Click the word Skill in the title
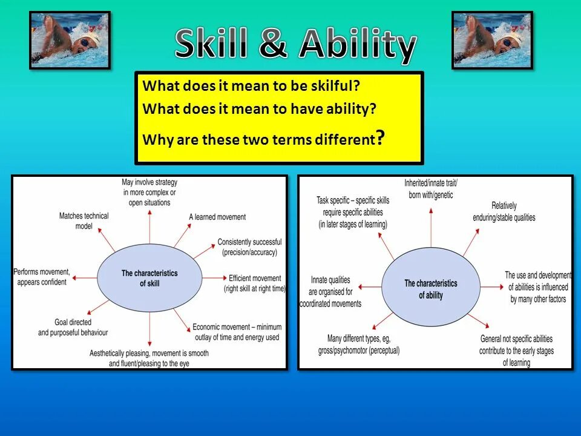pos(211,44)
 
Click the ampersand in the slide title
pos(273,44)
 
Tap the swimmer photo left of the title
pos(70,40)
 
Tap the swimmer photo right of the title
pos(493,40)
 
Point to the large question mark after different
pos(380,137)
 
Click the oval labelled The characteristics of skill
pos(149,278)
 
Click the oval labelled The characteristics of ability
pos(431,287)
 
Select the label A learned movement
pos(217,217)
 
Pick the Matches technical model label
pos(84,220)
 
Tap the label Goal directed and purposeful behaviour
pos(73,328)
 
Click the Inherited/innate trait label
pos(431,188)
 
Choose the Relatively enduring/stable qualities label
pos(504,212)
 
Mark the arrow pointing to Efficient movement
pos(214,278)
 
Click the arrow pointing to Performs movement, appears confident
pos(85,278)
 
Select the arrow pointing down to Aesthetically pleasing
pos(149,329)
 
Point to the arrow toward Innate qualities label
pos(370,286)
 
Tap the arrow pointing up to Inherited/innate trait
pos(431,227)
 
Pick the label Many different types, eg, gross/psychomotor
pos(359,345)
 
